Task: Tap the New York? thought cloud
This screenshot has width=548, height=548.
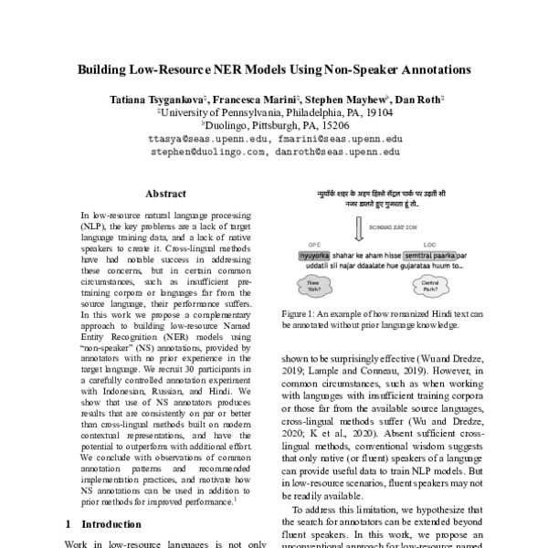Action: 314,283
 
